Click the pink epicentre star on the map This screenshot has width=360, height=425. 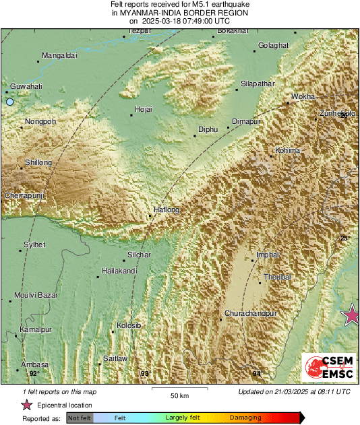coord(351,315)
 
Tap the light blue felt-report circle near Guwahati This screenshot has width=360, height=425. coord(9,102)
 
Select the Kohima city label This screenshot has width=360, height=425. coord(287,150)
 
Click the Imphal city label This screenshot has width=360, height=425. coord(267,255)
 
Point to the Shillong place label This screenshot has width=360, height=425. coord(38,162)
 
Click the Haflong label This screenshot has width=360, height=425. coord(167,210)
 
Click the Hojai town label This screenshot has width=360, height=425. coord(144,108)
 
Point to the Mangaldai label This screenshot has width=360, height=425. coord(60,55)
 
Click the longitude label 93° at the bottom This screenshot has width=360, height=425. coord(144,373)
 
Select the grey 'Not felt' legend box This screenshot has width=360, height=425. coord(79,418)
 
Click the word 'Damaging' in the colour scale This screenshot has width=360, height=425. coord(245,418)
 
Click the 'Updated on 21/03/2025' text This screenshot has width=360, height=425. coord(294,391)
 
